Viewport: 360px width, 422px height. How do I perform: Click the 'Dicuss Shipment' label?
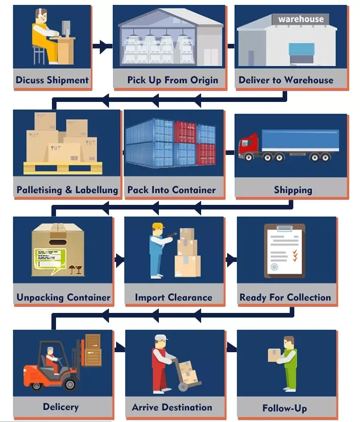[52, 80]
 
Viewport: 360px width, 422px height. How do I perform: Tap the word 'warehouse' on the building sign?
[300, 19]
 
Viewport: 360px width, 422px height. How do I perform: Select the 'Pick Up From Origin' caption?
[173, 80]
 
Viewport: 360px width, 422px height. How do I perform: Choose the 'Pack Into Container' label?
[172, 190]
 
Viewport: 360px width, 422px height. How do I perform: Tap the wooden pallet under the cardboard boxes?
[63, 167]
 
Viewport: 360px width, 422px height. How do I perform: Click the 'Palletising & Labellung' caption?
[67, 190]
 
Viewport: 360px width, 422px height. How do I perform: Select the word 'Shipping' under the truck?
[293, 190]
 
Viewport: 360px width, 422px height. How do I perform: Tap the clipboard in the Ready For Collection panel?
[285, 251]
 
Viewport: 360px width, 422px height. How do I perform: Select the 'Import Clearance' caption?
[173, 297]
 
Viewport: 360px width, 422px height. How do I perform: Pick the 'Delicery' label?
[61, 407]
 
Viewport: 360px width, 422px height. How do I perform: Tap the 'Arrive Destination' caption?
[172, 407]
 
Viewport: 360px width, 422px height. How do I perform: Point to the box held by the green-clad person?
[275, 355]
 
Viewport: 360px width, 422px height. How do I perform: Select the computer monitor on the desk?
[66, 28]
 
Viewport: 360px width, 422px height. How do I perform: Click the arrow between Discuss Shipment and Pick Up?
[104, 47]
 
